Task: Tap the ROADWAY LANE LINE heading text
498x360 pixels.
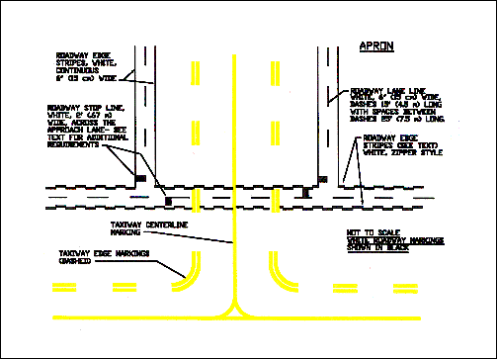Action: point(387,93)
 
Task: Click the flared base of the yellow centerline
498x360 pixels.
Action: point(234,313)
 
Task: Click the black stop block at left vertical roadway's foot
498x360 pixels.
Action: point(141,178)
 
